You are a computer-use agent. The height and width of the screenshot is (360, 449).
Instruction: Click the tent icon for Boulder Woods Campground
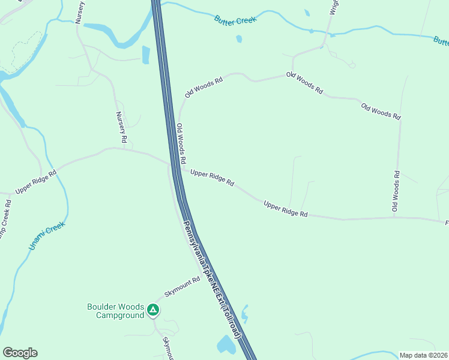point(153,310)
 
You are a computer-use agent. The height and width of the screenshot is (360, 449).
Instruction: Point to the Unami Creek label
point(46,236)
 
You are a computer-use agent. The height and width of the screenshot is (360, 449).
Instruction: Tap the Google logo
point(20,353)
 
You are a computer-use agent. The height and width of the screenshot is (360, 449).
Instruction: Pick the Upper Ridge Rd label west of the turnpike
point(36,181)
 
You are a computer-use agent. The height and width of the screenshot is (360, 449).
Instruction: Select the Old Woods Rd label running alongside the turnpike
point(181,145)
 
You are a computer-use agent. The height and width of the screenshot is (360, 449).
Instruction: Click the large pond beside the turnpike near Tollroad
point(226,344)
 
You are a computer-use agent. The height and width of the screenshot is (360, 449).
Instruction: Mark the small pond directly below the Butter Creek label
point(239,39)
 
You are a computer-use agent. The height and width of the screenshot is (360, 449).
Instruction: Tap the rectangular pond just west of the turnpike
point(145,55)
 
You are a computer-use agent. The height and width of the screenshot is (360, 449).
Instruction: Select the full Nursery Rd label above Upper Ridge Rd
point(122,127)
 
